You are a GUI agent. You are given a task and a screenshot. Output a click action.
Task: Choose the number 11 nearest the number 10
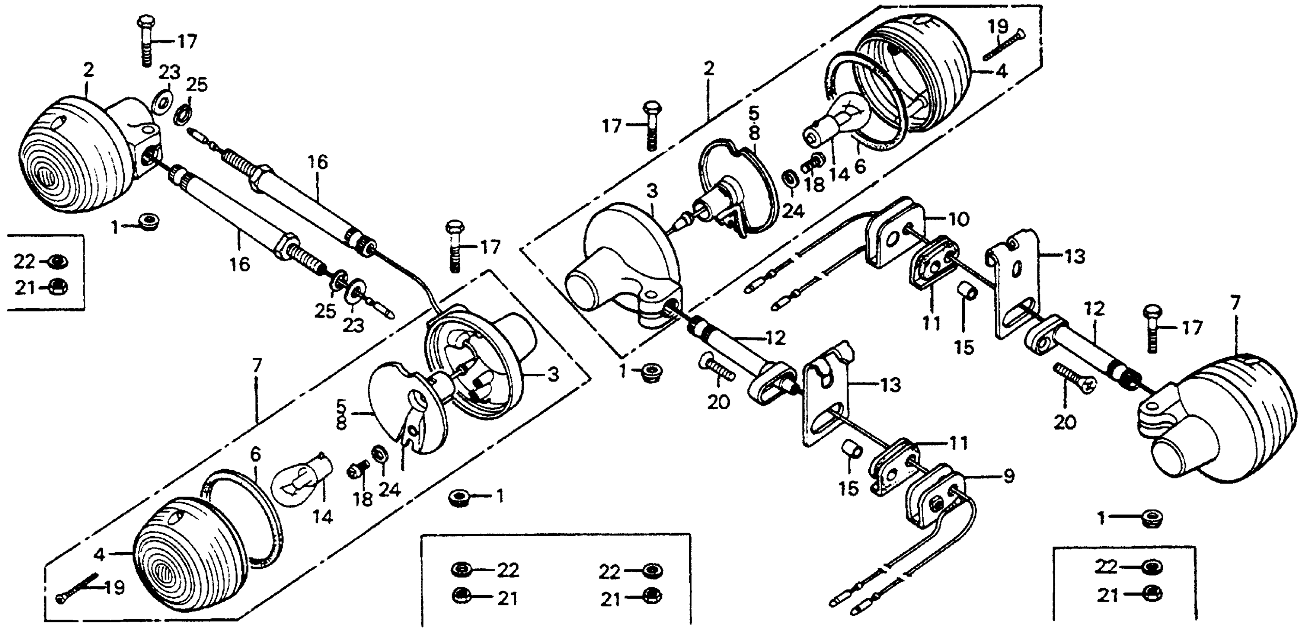point(931,322)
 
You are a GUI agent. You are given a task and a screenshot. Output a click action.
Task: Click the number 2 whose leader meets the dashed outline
point(709,68)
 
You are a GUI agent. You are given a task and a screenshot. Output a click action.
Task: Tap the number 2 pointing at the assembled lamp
point(88,70)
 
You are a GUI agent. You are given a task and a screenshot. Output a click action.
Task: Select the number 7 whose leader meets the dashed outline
point(257,365)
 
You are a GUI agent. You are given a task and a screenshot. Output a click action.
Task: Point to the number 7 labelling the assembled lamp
point(1234,303)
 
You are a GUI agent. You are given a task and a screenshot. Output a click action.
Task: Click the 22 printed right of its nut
point(507,571)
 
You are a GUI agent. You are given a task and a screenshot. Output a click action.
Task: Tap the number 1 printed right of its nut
point(500,496)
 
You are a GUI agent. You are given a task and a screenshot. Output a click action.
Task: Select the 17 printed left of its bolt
point(612,125)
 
